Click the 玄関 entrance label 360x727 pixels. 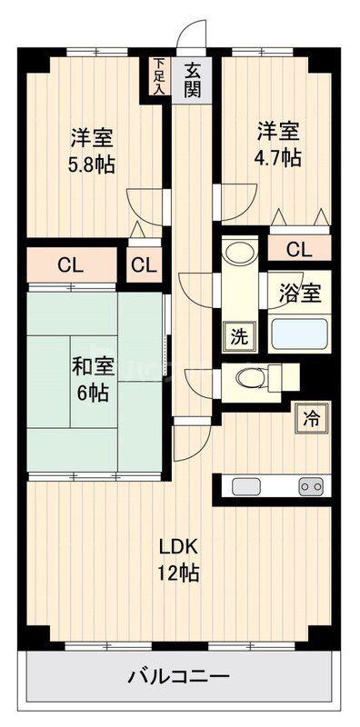[x=192, y=80]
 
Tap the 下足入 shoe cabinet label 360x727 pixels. [x=160, y=76]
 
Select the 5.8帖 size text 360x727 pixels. [x=92, y=165]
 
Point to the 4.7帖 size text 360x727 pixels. [x=278, y=158]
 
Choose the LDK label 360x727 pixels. [x=179, y=547]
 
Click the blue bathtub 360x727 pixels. [x=300, y=334]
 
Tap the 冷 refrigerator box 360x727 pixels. [x=312, y=419]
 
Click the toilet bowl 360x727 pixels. [x=249, y=377]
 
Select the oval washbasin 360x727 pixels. [x=239, y=254]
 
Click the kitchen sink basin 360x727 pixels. [x=246, y=486]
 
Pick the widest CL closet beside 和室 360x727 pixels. [x=71, y=265]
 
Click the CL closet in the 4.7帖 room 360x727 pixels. [x=300, y=249]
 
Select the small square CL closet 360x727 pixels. [x=145, y=265]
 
